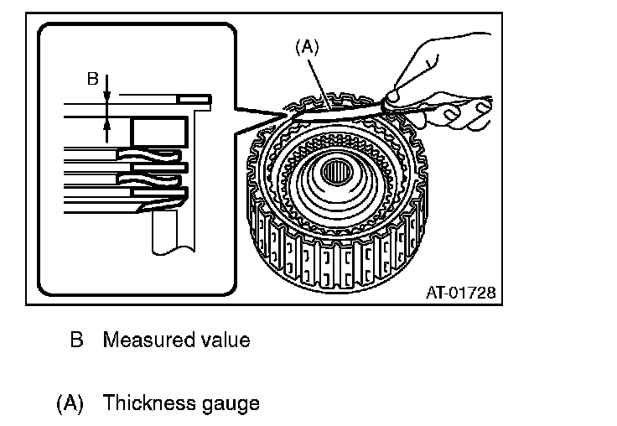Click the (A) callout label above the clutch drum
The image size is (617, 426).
pos(308,49)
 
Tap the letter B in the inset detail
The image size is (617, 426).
pos(94,79)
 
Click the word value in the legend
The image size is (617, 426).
pos(223,340)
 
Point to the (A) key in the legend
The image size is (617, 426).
pos(70,403)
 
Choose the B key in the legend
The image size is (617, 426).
pos(77,340)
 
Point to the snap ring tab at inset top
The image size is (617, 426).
pos(200,99)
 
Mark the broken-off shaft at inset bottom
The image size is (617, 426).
pos(168,231)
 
